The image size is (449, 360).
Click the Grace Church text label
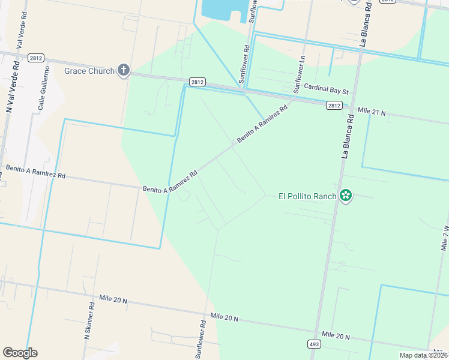tap(89, 71)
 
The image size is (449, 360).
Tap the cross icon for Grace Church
tap(124, 71)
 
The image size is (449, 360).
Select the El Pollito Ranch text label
tap(307, 196)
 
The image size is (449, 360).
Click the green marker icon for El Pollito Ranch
tap(345, 196)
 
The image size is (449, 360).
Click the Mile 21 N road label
tap(372, 111)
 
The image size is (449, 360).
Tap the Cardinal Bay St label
tap(326, 90)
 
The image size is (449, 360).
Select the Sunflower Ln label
tap(298, 74)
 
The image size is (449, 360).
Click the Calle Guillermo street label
tap(41, 93)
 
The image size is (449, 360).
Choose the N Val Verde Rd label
tap(10, 87)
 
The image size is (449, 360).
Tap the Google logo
tap(20, 353)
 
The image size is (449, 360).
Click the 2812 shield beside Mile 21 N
tap(334, 105)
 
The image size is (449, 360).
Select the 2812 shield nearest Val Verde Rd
tap(34, 57)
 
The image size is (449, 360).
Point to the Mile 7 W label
tap(445, 238)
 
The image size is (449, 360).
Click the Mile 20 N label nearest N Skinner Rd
tap(113, 299)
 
